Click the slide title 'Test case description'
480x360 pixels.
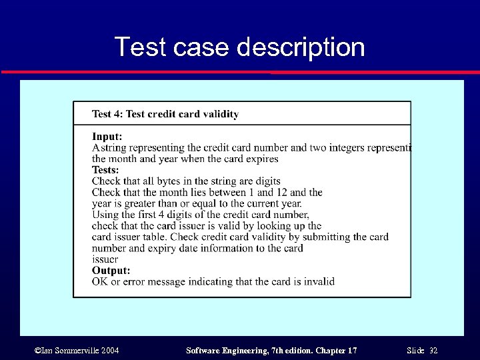[x=240, y=47]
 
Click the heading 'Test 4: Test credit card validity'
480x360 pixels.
[x=165, y=114]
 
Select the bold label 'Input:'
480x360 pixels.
[x=107, y=136]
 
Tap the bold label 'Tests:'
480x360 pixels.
[x=105, y=170]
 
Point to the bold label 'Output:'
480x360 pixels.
[x=111, y=271]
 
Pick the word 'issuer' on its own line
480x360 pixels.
[x=105, y=259]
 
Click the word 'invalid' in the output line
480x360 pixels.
[x=319, y=281]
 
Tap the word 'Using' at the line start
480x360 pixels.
[x=105, y=215]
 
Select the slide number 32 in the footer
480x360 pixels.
[x=433, y=351]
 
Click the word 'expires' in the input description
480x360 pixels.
[x=262, y=159]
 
